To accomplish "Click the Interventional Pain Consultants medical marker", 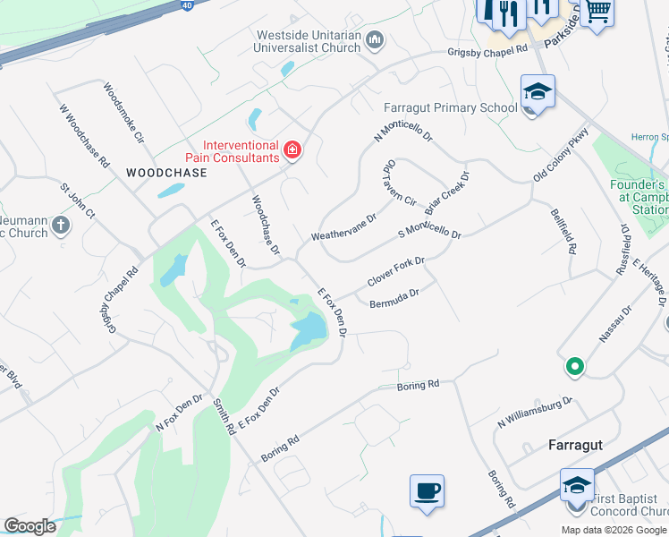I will point(292,149).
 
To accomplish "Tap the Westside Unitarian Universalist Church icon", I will point(376,39).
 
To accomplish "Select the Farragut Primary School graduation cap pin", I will point(538,92).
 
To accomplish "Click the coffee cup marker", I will point(427,491).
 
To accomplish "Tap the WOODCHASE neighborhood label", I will point(166,173).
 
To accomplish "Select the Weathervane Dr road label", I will point(343,227).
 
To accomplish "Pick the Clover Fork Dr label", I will point(395,273).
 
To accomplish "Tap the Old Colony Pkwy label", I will point(561,156).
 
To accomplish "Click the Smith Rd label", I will point(224,417).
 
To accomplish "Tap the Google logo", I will point(30,526).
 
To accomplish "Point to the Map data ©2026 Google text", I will point(614,529).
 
